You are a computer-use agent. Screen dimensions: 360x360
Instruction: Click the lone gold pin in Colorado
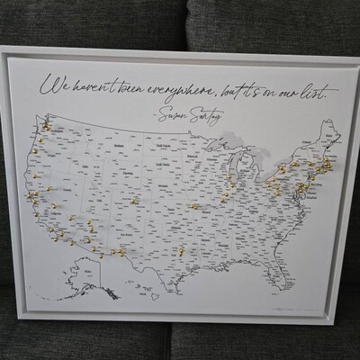coord(134,200)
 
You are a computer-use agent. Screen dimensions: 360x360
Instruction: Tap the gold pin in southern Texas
coord(181,251)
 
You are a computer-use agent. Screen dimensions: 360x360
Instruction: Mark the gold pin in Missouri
coord(193,206)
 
